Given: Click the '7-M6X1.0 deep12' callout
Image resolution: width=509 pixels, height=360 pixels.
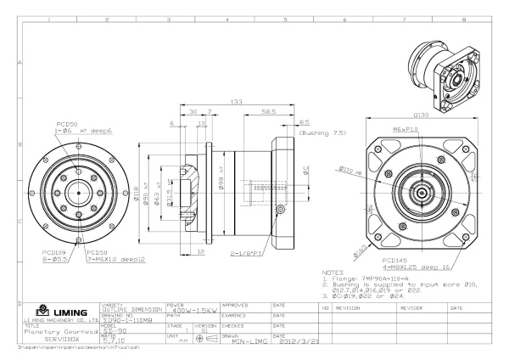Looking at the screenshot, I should [116, 258].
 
